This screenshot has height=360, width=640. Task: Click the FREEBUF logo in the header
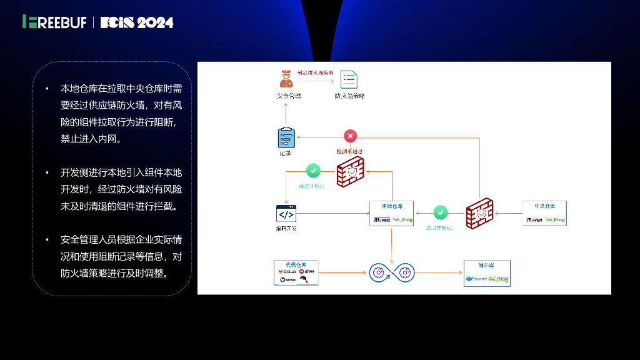(54, 22)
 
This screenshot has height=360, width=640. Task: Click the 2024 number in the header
(155, 22)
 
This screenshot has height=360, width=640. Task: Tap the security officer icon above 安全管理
(286, 79)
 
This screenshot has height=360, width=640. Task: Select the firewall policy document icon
(349, 79)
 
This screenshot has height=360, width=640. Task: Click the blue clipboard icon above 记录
(286, 137)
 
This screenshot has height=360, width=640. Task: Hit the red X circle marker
(350, 136)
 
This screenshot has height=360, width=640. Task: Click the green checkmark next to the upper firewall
(313, 170)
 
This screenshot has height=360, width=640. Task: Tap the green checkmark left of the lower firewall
(441, 212)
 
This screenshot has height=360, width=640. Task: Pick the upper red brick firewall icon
(350, 173)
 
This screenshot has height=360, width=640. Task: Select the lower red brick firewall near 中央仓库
(479, 212)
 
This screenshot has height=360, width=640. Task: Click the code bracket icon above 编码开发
(286, 214)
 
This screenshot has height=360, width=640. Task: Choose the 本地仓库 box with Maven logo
(392, 213)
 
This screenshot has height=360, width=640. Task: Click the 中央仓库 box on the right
(543, 213)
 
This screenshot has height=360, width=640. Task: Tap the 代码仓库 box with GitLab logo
(296, 272)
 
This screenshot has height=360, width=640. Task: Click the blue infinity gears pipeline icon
(391, 272)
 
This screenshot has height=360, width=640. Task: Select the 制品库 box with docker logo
(487, 273)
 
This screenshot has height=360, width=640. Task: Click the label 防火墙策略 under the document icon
(349, 96)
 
